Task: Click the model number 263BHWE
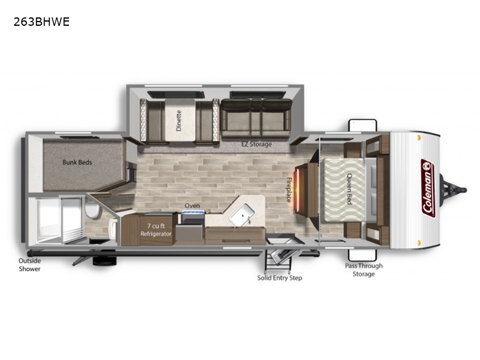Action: click(41, 22)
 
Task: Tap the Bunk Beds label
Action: click(77, 162)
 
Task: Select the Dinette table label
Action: click(179, 121)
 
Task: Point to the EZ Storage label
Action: click(257, 144)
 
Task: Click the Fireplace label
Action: click(289, 190)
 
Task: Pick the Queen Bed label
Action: click(349, 189)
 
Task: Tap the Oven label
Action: click(192, 206)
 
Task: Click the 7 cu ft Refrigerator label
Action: click(156, 230)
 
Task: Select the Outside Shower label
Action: click(29, 265)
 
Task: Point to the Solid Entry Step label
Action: click(280, 278)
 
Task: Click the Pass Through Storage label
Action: click(364, 270)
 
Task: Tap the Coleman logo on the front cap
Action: click(428, 188)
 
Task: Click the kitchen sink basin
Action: click(242, 215)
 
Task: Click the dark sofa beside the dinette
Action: click(256, 118)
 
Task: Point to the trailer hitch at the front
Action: click(453, 190)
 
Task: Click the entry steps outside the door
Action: click(278, 260)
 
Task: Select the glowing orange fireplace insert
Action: click(297, 188)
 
